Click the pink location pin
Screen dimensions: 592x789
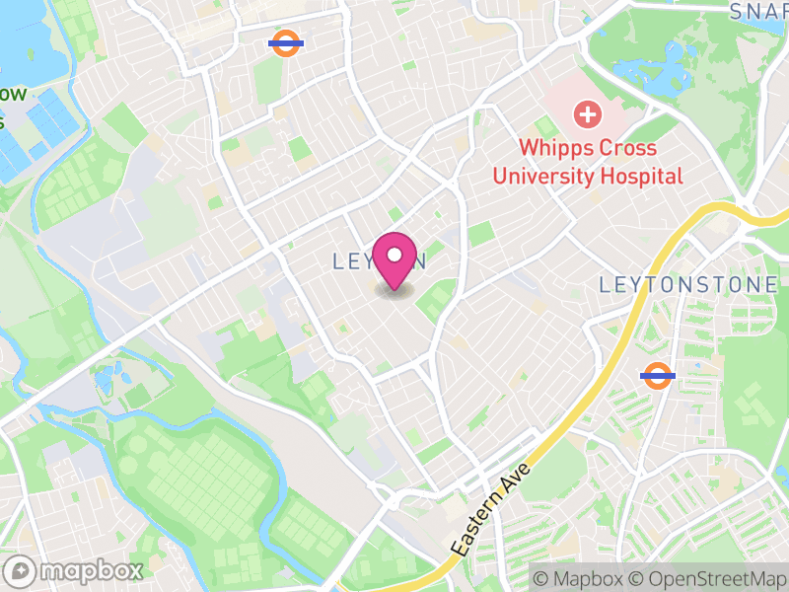394,262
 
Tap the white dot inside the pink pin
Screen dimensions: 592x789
394,256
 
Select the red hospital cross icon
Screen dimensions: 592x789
588,115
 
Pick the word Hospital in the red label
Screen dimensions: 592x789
647,177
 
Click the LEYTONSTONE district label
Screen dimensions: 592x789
688,285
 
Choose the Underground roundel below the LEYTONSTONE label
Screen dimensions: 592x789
657,375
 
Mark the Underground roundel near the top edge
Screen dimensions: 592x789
286,43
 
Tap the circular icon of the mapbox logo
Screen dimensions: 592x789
22,570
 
